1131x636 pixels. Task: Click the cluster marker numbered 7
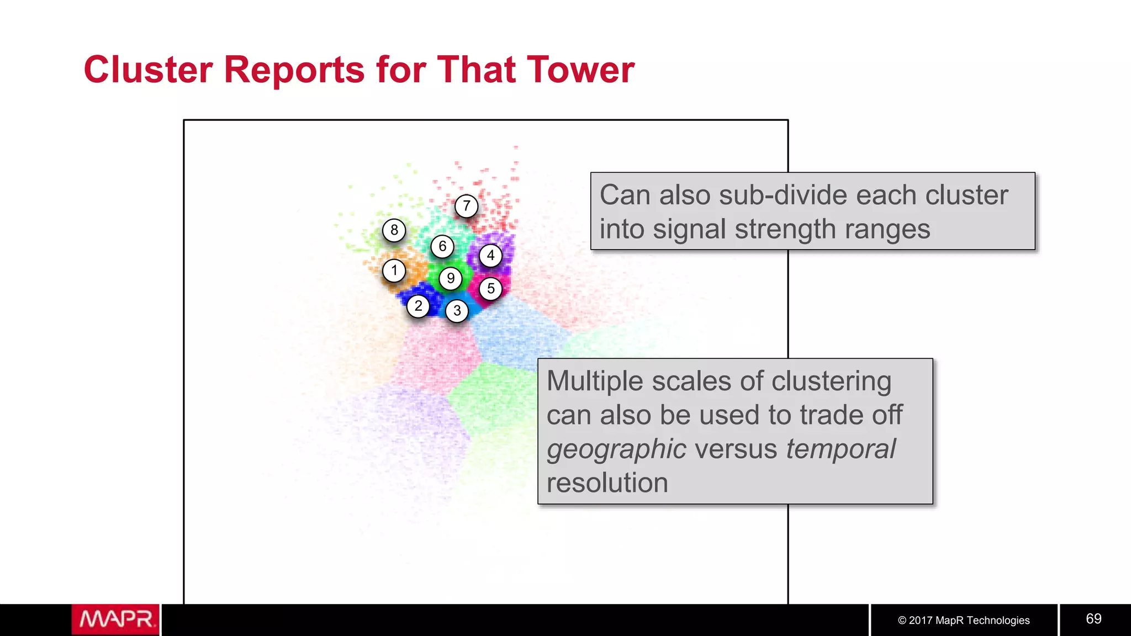pos(467,206)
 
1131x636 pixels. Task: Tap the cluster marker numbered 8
pos(394,230)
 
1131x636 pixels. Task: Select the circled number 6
pos(442,246)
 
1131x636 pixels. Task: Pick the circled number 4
pos(490,256)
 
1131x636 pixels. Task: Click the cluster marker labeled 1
pos(394,271)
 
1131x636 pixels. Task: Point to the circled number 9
pos(451,278)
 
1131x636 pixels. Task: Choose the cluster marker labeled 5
pos(490,289)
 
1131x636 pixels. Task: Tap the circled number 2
pos(418,306)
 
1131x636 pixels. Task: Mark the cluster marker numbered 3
pos(457,311)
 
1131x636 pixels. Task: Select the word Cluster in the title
pos(148,70)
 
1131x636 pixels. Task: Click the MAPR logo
pos(115,619)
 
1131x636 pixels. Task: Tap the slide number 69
pos(1093,619)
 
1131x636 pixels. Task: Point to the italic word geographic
pos(616,449)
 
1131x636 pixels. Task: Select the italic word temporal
pos(841,448)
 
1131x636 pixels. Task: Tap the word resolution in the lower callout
pos(607,483)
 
